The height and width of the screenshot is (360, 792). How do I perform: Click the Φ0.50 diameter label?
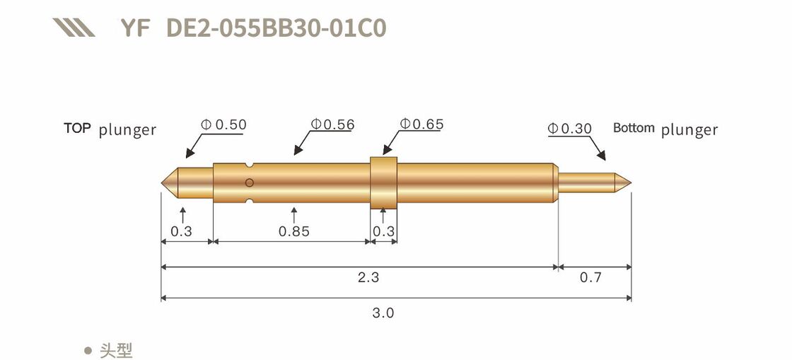(223, 125)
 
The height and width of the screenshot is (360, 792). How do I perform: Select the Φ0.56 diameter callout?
(332, 125)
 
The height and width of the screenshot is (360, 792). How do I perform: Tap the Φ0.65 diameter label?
(421, 124)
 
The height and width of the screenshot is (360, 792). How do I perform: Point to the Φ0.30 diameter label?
(569, 129)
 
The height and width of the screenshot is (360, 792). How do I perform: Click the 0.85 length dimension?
(293, 231)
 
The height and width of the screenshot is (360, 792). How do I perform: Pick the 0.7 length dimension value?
(590, 277)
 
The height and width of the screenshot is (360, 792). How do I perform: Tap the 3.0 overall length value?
(383, 313)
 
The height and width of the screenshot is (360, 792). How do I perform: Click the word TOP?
(77, 128)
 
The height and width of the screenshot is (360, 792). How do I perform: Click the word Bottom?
(634, 128)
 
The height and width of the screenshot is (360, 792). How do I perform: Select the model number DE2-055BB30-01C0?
(276, 28)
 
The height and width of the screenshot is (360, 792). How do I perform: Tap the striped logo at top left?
(74, 28)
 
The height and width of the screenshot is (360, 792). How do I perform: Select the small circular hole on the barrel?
(249, 183)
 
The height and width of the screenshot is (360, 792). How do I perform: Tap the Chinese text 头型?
(116, 350)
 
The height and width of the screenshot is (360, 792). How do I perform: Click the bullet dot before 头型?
(88, 350)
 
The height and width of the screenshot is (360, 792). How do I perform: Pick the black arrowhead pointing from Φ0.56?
(298, 150)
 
